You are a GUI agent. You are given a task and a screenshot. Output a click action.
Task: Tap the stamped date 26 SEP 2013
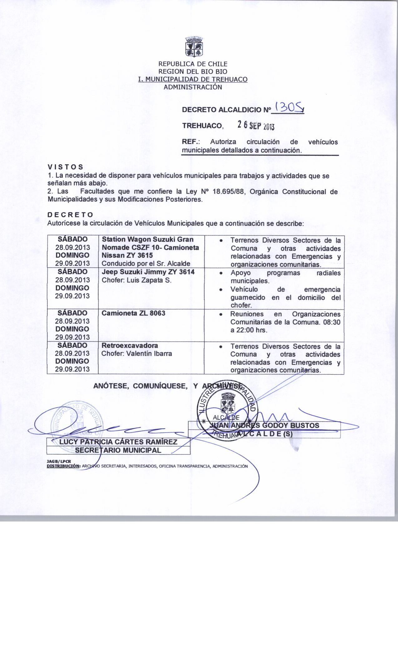point(255,125)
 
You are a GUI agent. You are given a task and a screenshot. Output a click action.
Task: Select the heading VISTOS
point(65,167)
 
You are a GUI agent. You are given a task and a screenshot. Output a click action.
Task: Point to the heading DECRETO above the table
point(70,215)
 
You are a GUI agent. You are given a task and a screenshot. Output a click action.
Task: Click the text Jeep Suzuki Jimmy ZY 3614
point(148,272)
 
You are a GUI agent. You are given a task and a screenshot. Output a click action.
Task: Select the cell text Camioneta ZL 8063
point(134,313)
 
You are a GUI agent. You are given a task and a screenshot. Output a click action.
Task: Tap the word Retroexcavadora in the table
point(130,346)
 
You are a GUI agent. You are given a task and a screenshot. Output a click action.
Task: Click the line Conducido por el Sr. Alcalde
point(146,264)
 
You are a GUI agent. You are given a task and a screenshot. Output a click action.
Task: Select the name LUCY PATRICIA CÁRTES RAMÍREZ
point(118,442)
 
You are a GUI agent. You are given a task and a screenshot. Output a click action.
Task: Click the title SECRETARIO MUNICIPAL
point(118,450)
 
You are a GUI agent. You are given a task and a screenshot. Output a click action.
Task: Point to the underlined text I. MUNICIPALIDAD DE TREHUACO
point(193,79)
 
